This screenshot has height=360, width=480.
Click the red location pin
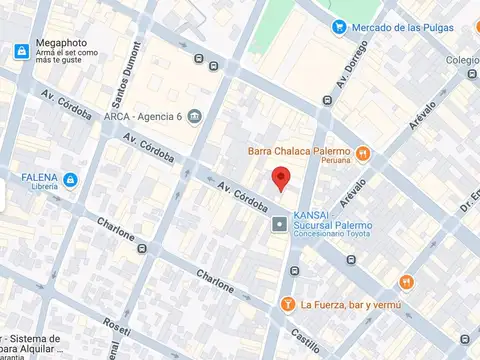point(282,179)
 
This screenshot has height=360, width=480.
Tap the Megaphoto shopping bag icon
point(21,51)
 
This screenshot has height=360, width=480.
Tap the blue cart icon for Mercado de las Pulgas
point(340,27)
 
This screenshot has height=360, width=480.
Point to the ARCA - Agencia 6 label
point(144,116)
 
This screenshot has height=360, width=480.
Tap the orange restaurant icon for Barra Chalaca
point(363,154)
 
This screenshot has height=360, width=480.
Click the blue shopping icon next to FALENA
point(70,180)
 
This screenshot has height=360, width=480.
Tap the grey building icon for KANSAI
point(280,226)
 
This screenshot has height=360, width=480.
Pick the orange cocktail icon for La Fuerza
point(287,304)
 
